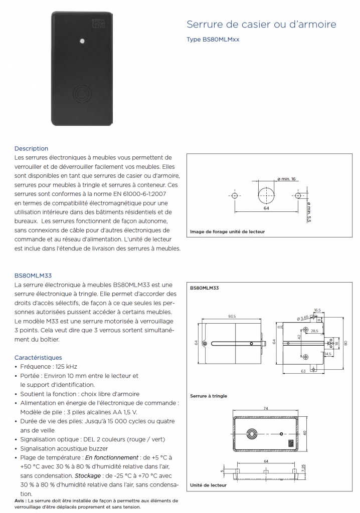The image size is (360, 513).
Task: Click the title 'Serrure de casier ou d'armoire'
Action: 261,25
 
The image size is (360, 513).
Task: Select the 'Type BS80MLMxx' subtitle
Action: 213,40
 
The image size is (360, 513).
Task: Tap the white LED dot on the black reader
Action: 82,40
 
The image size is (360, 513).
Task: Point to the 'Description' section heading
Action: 31,149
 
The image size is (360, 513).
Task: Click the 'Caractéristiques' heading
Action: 38,358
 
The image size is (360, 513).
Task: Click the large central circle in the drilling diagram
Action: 266,195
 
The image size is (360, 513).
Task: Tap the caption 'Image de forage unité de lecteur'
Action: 227,232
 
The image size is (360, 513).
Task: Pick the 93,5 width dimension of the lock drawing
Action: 232,316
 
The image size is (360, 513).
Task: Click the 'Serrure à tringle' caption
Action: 209,396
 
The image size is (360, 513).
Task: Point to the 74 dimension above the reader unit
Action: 266,409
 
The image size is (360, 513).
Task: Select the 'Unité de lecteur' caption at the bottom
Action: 208,485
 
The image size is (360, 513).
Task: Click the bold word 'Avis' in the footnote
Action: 20,500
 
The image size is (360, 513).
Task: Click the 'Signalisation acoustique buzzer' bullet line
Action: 64,448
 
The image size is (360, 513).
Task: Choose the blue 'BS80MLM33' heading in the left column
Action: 33,276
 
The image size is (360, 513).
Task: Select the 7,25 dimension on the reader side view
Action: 304,469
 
